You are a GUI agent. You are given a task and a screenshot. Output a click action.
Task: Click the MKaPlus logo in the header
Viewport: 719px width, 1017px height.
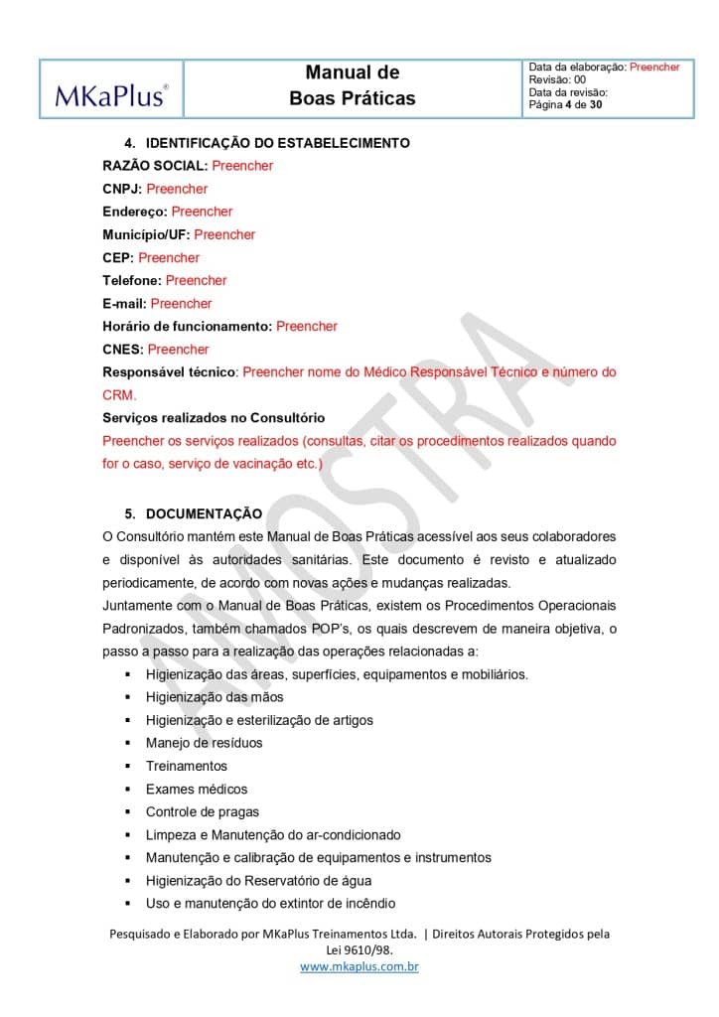click(x=111, y=95)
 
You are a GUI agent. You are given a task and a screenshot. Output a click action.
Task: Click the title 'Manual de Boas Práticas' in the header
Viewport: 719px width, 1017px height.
click(x=352, y=85)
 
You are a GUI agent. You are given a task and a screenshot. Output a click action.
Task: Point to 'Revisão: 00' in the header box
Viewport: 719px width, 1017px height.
click(x=557, y=79)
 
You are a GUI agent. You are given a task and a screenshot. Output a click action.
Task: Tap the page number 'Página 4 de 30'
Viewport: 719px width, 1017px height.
click(x=565, y=104)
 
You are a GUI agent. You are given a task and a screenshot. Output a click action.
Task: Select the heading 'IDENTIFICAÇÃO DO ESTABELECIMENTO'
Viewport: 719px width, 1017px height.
click(x=277, y=143)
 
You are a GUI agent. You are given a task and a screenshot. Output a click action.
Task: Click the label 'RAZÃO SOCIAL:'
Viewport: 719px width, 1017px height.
click(x=155, y=166)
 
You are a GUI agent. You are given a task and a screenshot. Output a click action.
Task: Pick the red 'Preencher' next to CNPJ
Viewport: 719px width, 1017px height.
click(x=177, y=189)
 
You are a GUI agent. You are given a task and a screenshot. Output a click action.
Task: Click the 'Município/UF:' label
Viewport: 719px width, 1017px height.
click(x=146, y=234)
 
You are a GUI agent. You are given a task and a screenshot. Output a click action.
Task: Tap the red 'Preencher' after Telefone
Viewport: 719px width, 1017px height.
click(x=196, y=280)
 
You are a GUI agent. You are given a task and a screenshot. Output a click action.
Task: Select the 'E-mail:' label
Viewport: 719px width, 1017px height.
click(x=124, y=303)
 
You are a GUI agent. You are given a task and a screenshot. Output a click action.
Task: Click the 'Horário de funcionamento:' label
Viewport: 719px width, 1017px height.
click(x=187, y=326)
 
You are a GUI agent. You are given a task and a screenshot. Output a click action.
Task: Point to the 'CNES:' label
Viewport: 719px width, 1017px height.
click(x=123, y=349)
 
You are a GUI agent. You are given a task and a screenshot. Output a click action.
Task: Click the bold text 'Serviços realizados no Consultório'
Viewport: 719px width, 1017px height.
click(x=214, y=417)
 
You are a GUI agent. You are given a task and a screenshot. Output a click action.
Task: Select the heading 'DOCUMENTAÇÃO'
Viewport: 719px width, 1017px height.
click(x=204, y=513)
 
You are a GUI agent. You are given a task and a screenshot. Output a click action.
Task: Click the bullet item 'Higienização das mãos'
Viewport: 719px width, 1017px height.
click(x=215, y=697)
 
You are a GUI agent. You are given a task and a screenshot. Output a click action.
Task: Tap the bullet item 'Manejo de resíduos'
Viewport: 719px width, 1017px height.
click(x=204, y=743)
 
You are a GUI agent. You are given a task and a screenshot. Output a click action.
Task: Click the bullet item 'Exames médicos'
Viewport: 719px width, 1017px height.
click(x=197, y=789)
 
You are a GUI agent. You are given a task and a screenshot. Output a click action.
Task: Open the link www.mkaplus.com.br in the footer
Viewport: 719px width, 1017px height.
click(x=359, y=966)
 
